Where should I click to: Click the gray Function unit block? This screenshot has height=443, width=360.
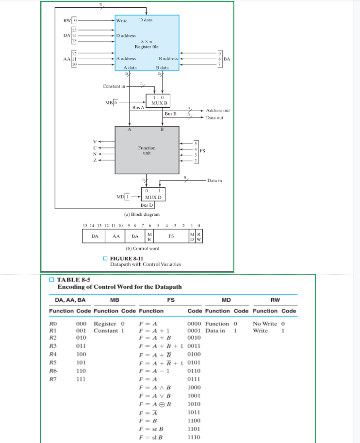coord(147,150)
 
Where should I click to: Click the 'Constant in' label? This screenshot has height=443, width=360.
coord(114,86)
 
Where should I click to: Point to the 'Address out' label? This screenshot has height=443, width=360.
coord(218,111)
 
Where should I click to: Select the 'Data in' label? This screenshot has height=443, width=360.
coord(214,180)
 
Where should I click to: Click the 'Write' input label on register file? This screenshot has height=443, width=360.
coord(121,20)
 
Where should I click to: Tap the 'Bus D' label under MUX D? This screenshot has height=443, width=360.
coord(147,205)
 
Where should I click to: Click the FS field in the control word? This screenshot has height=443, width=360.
coord(171,235)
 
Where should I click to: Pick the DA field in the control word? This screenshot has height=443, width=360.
coord(95,235)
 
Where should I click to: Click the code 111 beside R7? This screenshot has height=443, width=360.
coord(82,378)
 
